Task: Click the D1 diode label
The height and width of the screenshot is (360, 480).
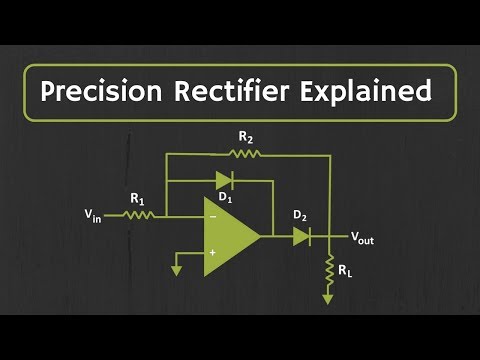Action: coord(225,198)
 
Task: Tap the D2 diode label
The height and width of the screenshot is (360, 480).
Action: coord(299,215)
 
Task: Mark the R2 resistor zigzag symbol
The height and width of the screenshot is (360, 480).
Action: coord(245,154)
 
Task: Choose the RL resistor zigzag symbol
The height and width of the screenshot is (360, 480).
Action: coord(328,268)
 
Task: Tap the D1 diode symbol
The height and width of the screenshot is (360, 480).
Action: coord(224,181)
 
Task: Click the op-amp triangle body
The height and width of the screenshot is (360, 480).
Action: coord(227,237)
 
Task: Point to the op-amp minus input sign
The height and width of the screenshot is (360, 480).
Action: coord(211,215)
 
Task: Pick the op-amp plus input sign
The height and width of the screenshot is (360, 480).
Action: coord(211,254)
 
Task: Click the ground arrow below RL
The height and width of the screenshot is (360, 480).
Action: coord(328,297)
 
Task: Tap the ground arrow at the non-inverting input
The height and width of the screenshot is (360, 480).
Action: coord(176,268)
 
